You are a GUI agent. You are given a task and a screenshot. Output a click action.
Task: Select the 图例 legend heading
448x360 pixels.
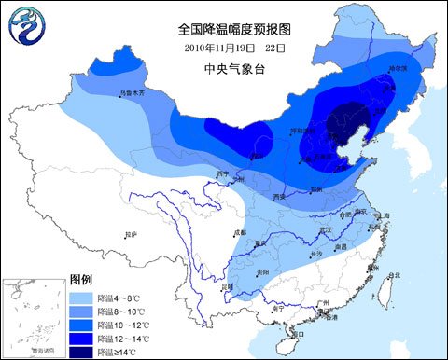point(81,280)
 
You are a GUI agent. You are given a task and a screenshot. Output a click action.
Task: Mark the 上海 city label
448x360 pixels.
point(382,215)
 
